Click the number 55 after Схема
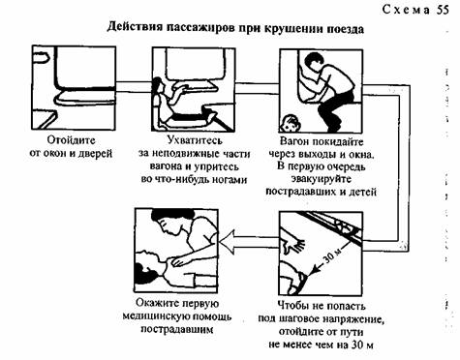pyautogui.click(x=443, y=10)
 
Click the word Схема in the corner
pyautogui.click(x=406, y=10)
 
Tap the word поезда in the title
pyautogui.click(x=346, y=29)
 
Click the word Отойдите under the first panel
pyautogui.click(x=71, y=140)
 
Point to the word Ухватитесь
pyautogui.click(x=195, y=140)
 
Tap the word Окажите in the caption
pyautogui.click(x=154, y=303)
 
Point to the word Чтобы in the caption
pyautogui.click(x=292, y=306)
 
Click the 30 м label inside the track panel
pyautogui.click(x=330, y=255)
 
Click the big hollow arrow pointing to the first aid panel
pyautogui.click(x=249, y=242)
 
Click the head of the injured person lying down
pyautogui.click(x=149, y=263)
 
